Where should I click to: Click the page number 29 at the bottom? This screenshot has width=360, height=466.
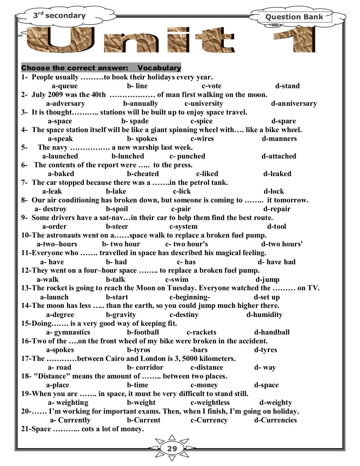pyautogui.click(x=172, y=449)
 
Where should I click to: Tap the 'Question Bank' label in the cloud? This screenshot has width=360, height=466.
pyautogui.click(x=294, y=17)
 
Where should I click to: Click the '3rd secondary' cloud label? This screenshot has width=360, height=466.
pyautogui.click(x=59, y=15)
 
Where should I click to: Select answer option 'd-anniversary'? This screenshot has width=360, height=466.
pyautogui.click(x=294, y=104)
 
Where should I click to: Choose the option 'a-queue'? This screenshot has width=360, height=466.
pyautogui.click(x=65, y=86)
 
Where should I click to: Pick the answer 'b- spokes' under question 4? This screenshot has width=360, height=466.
pyautogui.click(x=142, y=139)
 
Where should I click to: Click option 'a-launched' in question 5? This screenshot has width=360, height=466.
pyautogui.click(x=60, y=156)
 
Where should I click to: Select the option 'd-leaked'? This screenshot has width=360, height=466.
pyautogui.click(x=277, y=174)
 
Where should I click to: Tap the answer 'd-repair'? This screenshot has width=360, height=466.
pyautogui.click(x=277, y=209)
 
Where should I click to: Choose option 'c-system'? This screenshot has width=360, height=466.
pyautogui.click(x=184, y=227)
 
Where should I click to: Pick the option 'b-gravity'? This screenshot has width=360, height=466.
pyautogui.click(x=121, y=315)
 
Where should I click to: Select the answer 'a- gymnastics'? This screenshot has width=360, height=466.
pyautogui.click(x=68, y=332)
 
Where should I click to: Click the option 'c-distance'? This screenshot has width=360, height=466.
pyautogui.click(x=207, y=368)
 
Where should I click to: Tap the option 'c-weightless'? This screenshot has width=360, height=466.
pyautogui.click(x=210, y=403)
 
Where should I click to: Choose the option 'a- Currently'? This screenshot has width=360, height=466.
pyautogui.click(x=70, y=420)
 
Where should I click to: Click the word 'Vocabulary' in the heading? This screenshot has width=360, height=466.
pyautogui.click(x=159, y=68)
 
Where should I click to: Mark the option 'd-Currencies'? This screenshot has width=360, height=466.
pyautogui.click(x=275, y=420)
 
